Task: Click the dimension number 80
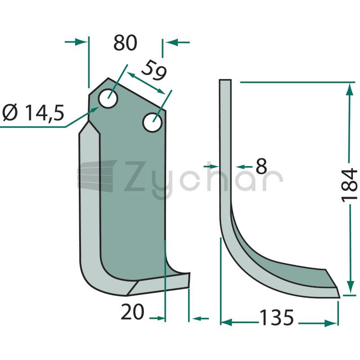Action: pos(126,43)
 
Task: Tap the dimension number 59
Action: pos(154,70)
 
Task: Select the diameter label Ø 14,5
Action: pos(33,112)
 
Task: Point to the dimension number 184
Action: pos(350,185)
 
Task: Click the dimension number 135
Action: pos(276,318)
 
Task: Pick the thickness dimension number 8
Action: pos(261,166)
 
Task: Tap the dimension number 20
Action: pos(132,311)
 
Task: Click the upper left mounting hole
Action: pos(108,99)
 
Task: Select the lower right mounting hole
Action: pos(153,122)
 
